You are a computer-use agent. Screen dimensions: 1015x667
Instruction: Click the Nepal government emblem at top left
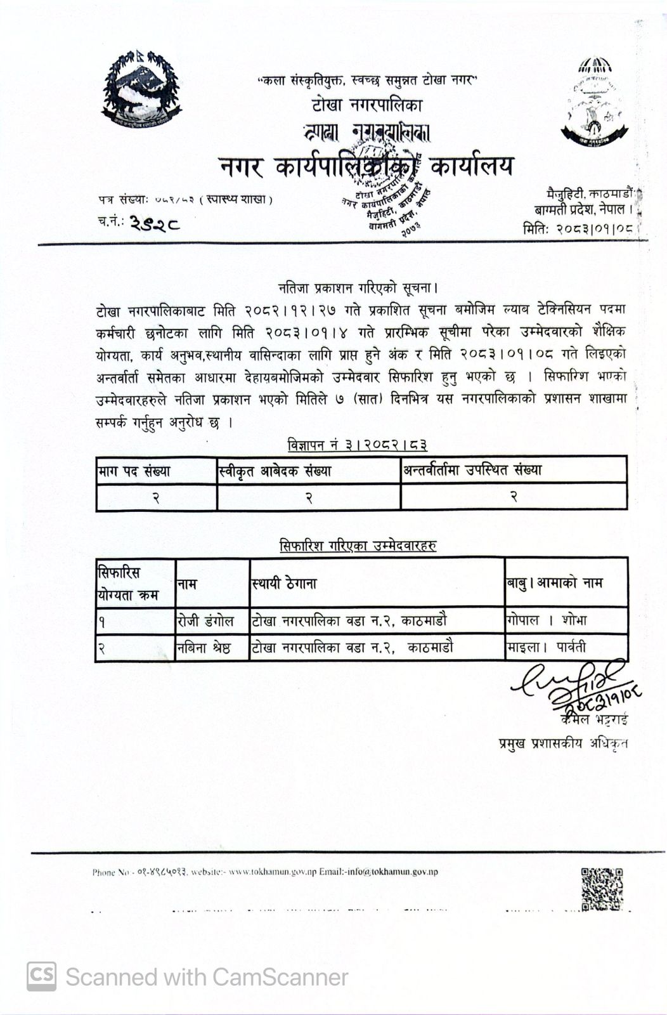[x=141, y=89]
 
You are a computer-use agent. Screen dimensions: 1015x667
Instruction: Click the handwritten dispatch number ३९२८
[x=155, y=222]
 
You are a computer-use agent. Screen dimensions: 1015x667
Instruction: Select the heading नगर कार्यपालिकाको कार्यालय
[x=366, y=166]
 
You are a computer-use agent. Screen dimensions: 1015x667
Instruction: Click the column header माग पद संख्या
[x=134, y=471]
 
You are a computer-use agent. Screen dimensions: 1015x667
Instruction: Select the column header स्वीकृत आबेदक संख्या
[x=275, y=471]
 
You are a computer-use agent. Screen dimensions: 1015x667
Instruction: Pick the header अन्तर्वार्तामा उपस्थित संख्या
[x=472, y=470]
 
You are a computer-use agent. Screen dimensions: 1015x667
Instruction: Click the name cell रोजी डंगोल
[x=205, y=620]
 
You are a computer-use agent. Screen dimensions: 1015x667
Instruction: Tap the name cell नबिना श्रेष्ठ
[x=204, y=648]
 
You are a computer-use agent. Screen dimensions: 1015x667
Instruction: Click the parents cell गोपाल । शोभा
[x=547, y=620]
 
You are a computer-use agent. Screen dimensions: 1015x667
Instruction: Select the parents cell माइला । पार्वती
[x=546, y=647]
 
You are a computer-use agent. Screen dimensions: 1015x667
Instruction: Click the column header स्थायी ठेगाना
[x=283, y=582]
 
